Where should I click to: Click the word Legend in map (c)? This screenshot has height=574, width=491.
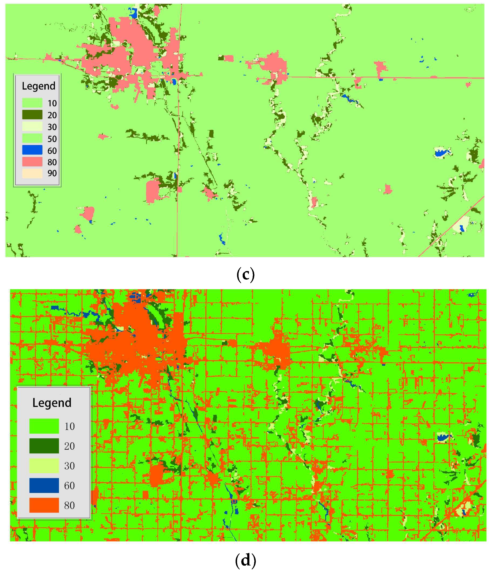(x=39, y=86)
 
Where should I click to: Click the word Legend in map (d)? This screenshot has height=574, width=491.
(x=52, y=403)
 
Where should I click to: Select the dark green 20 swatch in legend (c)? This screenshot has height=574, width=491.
(x=32, y=115)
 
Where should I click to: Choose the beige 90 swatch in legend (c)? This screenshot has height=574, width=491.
(x=32, y=173)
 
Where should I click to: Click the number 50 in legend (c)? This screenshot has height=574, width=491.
(x=52, y=139)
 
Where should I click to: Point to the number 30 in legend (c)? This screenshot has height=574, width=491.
(x=52, y=127)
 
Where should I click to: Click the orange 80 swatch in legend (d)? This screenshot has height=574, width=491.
(x=44, y=505)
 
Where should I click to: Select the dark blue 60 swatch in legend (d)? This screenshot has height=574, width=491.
(x=44, y=485)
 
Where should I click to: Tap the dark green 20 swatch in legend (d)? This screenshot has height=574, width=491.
(x=44, y=446)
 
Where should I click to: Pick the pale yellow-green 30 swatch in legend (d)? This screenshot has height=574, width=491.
(x=44, y=466)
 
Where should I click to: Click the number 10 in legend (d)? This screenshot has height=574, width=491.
(x=69, y=426)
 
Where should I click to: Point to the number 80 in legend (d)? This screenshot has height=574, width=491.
(x=69, y=505)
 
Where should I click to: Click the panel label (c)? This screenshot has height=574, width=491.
(x=245, y=275)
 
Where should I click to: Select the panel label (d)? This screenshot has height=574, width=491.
(x=245, y=560)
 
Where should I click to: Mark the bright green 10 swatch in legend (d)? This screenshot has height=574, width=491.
(x=44, y=426)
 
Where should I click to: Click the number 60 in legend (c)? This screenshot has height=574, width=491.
(x=52, y=151)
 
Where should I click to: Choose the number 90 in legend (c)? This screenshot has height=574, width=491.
(x=52, y=173)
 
